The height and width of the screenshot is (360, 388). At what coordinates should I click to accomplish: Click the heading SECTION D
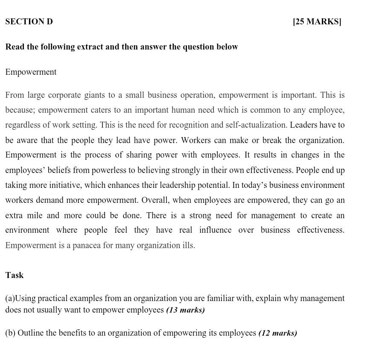[29, 22]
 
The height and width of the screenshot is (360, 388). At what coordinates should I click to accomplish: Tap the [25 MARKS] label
[317, 22]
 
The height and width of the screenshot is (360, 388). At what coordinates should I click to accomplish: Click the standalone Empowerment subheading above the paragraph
[31, 72]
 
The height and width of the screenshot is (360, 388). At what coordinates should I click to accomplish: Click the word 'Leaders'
[303, 125]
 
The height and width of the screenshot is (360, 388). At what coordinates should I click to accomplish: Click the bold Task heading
[15, 275]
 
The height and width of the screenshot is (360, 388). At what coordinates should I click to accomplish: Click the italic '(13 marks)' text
[185, 310]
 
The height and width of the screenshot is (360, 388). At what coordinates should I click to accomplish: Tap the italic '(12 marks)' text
[277, 333]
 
